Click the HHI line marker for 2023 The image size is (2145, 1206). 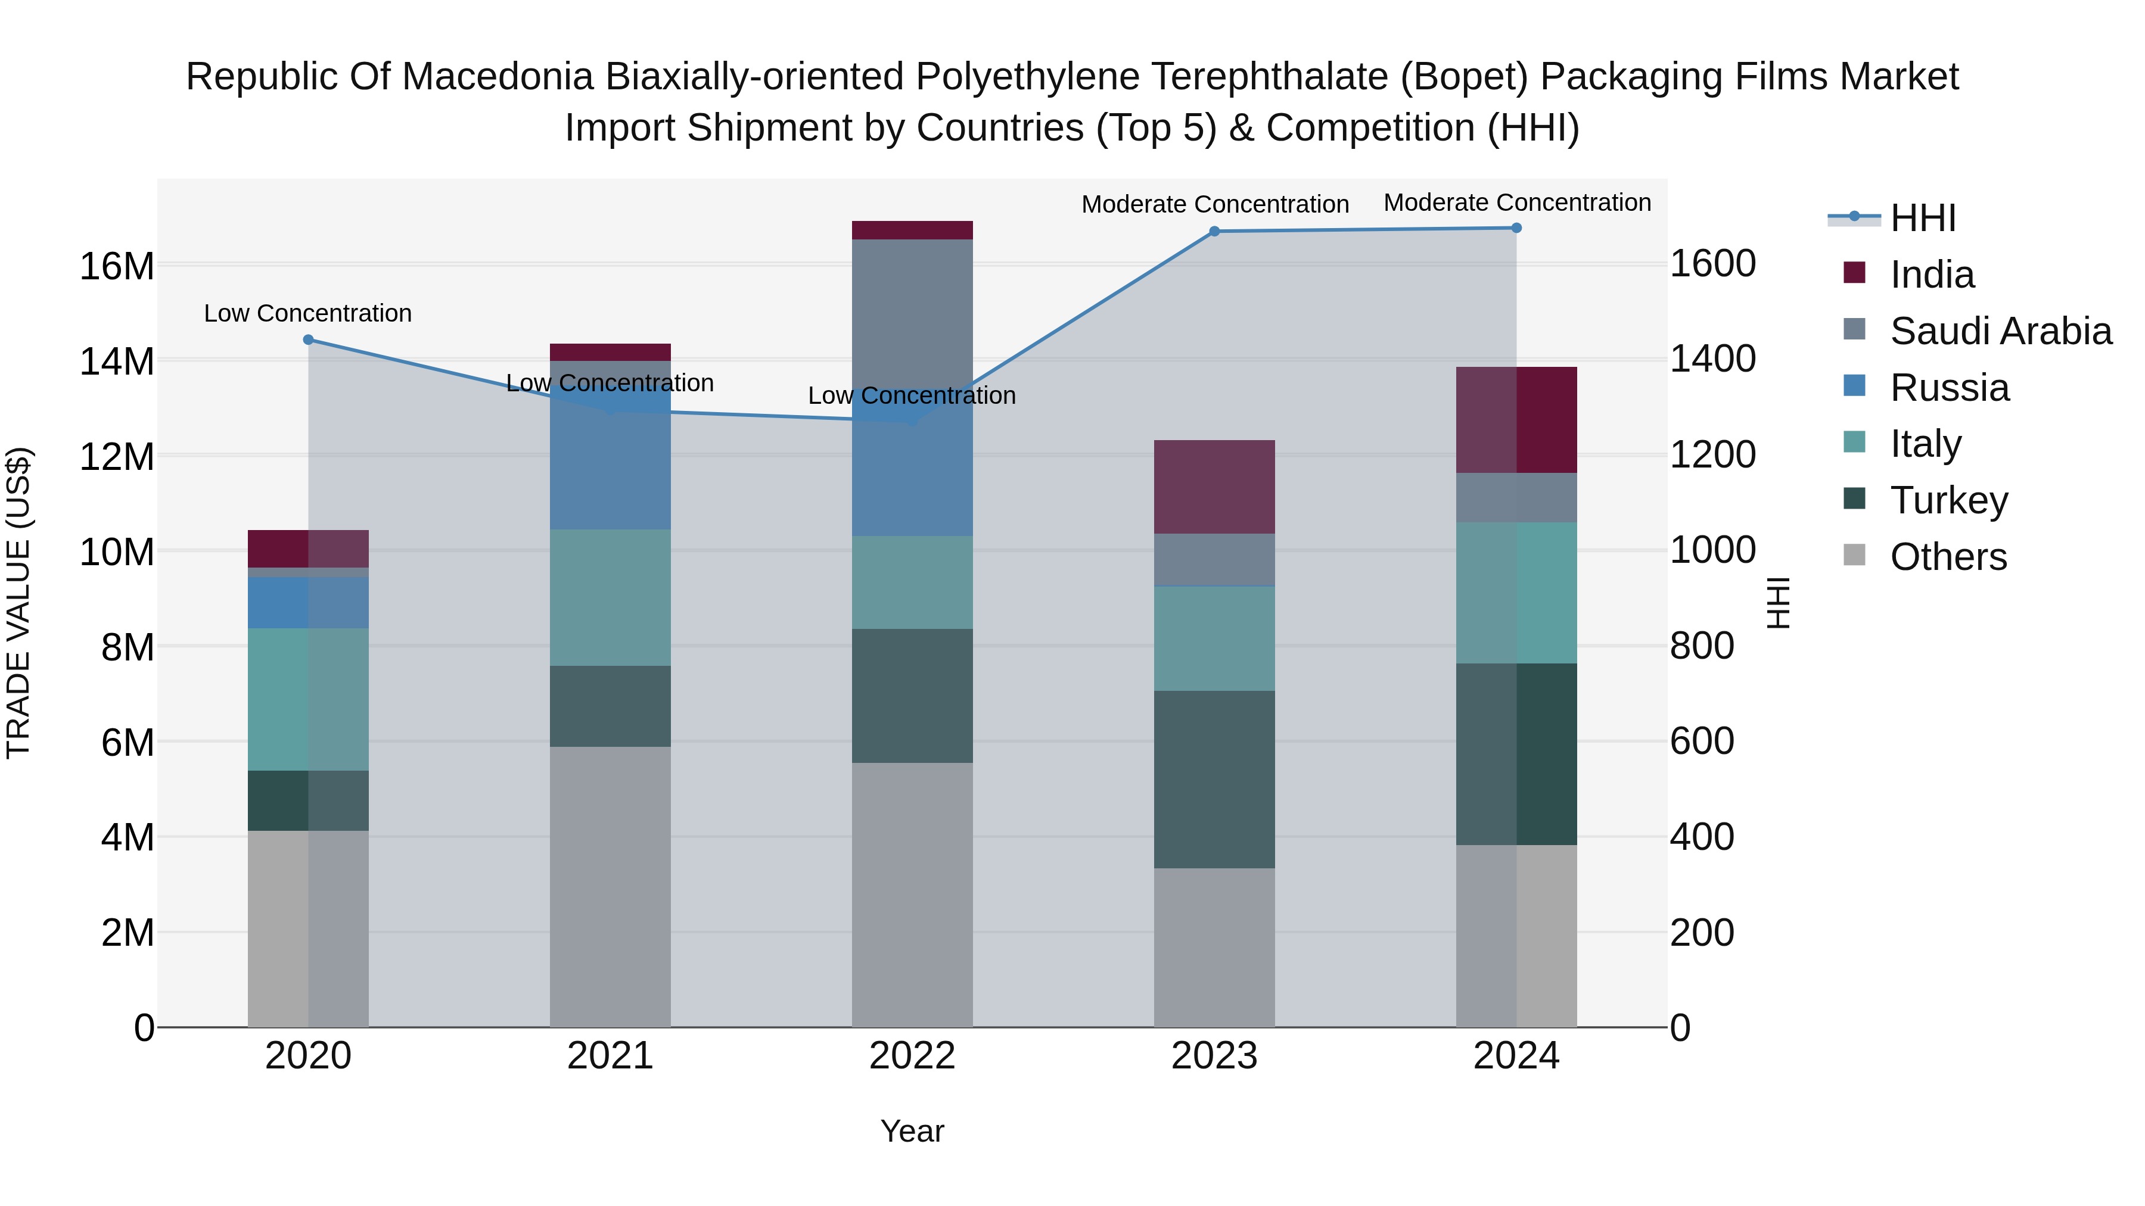1214,232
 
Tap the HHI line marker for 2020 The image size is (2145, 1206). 308,339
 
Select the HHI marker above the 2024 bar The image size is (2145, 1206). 1516,228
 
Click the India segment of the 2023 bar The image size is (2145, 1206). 1214,487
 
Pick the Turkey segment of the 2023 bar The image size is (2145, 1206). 1214,779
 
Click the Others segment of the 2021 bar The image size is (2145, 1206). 610,886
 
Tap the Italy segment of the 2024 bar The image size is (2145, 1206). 1516,593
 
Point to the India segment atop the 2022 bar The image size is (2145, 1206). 912,230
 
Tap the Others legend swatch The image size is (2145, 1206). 1854,554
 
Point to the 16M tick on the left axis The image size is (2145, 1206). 117,266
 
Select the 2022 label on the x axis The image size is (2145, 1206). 912,1056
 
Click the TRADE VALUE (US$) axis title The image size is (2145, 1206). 18,603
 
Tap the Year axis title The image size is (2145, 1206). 912,1131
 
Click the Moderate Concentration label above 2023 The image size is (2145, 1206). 1214,204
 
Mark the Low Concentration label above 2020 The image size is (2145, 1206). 308,314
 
